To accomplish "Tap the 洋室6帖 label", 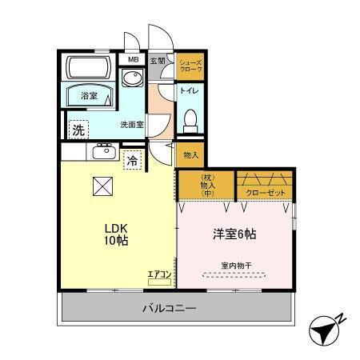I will (234, 234).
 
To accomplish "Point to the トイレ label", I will (190, 91).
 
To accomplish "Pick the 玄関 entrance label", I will (158, 60).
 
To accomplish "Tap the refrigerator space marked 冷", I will (131, 160).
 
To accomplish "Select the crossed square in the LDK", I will (103, 186).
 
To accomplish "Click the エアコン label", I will (159, 275).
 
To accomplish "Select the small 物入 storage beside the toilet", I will (190, 154).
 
